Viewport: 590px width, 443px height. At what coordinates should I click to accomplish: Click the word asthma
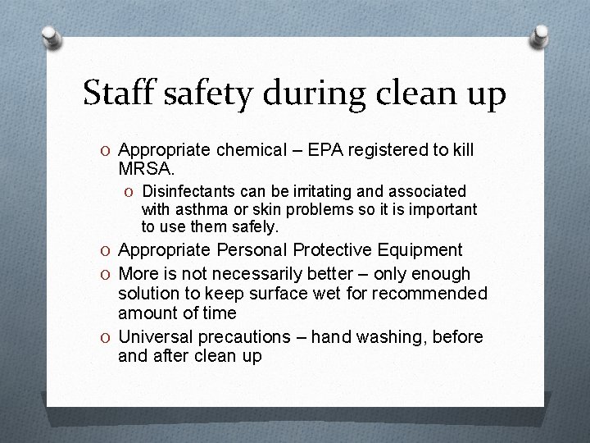(x=198, y=209)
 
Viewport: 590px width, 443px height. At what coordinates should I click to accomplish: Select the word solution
(x=147, y=293)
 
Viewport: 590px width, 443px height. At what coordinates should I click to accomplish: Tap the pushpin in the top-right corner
(x=541, y=36)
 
